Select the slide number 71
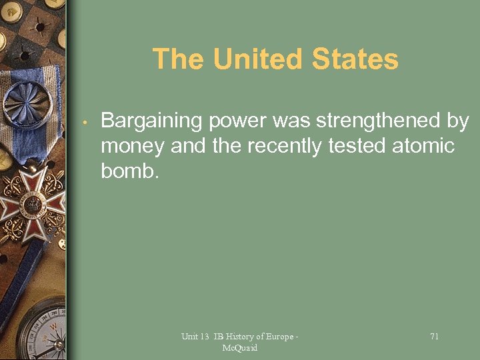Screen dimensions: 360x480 (434, 337)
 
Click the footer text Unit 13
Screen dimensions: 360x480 (195, 337)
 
